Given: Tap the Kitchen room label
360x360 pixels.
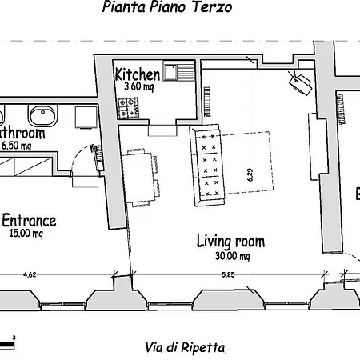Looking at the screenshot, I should coord(138,74).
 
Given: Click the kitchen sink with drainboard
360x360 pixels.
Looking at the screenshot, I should coord(178,72).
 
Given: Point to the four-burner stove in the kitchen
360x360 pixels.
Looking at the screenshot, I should coord(129,104).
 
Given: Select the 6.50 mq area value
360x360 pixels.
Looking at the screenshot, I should coord(16,146).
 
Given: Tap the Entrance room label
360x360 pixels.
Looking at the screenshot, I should coord(29,220).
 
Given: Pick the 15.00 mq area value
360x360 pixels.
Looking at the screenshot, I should coord(26,234).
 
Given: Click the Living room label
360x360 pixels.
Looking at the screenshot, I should coord(230,241).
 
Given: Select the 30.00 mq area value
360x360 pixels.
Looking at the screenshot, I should coord(230,255).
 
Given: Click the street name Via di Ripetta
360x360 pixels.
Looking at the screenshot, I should coord(185,347).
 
